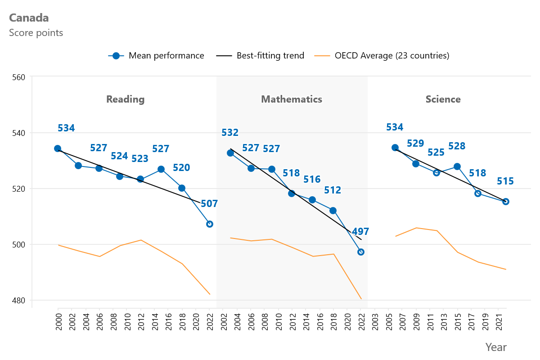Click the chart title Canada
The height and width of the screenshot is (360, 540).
coord(29,18)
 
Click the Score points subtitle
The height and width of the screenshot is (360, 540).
coord(36,33)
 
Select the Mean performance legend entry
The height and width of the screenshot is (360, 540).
coord(156,56)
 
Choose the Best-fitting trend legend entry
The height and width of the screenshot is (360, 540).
coord(261,56)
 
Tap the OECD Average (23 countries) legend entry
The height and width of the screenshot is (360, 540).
coord(382,56)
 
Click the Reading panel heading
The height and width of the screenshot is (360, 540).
coord(125,99)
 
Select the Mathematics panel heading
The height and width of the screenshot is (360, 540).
coord(292,99)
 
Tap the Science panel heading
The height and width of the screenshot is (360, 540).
coord(443,99)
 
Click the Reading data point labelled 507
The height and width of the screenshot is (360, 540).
coord(209,224)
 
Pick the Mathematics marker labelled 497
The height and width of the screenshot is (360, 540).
coord(360,252)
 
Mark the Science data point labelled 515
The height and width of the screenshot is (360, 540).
coord(505,202)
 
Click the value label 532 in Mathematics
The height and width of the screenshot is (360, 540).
coord(230,133)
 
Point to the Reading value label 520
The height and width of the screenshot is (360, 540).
coord(181,168)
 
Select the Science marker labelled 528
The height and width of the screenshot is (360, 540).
coord(457,166)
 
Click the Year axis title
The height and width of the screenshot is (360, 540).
coord(495,347)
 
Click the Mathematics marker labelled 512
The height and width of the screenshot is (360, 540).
coord(333,211)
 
